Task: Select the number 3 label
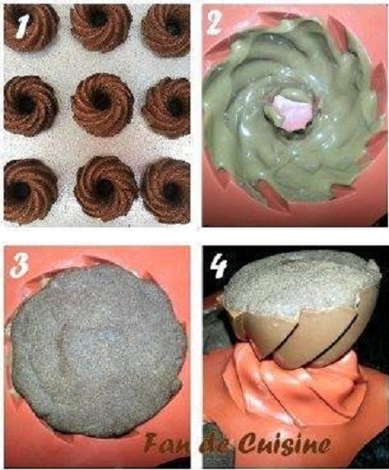tap(19, 265)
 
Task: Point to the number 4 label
tap(219, 266)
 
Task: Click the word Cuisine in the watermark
tap(284, 444)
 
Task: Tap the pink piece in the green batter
tap(292, 111)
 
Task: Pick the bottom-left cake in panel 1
tap(30, 191)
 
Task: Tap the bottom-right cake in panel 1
tap(167, 191)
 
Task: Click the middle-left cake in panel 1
tap(30, 104)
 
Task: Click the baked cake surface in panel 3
tap(97, 350)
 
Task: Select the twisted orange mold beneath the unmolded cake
tap(292, 392)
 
